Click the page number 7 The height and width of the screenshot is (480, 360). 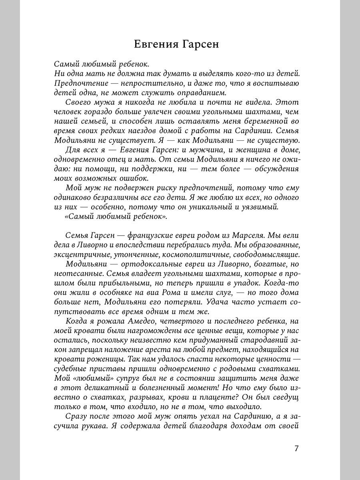pyautogui.click(x=296, y=448)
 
